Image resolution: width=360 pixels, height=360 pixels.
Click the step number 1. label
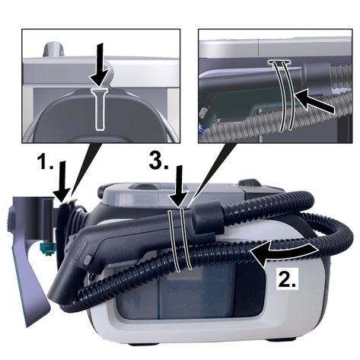(46, 161)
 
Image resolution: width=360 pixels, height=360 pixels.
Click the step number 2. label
(287, 279)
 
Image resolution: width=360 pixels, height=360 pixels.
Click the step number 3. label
(159, 161)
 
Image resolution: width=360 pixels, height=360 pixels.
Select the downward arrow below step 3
(180, 187)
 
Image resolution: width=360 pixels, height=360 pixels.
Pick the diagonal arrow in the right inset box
(314, 100)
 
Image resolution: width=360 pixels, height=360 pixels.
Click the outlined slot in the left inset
(100, 110)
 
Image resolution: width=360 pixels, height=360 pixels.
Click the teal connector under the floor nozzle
(47, 247)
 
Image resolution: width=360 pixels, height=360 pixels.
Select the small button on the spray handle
(88, 260)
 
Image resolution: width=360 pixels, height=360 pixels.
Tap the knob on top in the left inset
(54, 49)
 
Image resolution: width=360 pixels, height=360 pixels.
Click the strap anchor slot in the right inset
(279, 62)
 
